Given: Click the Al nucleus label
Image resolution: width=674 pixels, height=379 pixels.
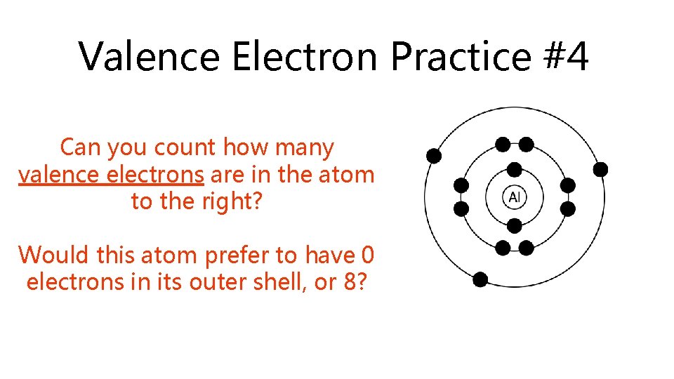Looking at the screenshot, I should [x=514, y=197].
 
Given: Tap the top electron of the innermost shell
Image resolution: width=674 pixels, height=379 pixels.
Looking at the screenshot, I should [x=514, y=169].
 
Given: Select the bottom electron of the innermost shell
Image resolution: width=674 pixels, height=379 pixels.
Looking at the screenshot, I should [x=514, y=225].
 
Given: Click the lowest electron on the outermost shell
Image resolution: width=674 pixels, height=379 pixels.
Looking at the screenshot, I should [x=480, y=279].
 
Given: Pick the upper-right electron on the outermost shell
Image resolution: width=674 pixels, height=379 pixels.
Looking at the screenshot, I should [x=600, y=169].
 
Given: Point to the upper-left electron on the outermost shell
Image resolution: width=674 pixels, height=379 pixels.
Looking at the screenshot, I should [x=434, y=155].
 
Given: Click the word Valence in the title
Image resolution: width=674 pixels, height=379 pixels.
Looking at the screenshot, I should [x=149, y=56].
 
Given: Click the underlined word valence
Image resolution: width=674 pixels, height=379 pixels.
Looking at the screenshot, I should [x=59, y=174].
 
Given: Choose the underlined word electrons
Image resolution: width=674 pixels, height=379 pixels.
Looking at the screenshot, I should [x=155, y=174].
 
